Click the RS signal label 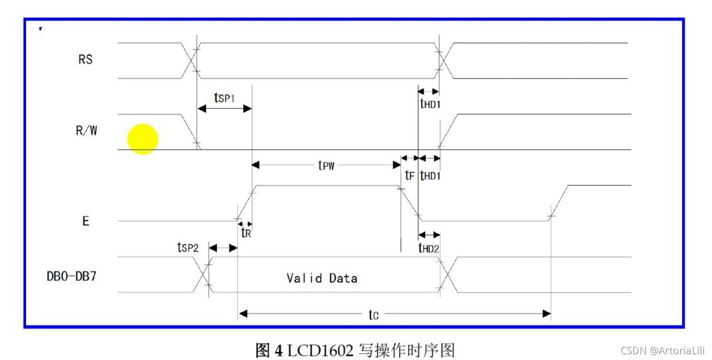[85, 60]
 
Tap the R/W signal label [86, 131]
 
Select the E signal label [85, 221]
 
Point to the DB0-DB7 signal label [71, 276]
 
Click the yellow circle [143, 139]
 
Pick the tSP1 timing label [224, 97]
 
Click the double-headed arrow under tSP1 [224, 108]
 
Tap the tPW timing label [326, 165]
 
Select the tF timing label [409, 176]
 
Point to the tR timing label [246, 233]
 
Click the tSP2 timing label [188, 248]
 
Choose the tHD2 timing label [429, 248]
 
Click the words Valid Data [322, 278]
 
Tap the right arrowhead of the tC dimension [547, 314]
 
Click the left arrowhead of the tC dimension [243, 314]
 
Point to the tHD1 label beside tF [430, 176]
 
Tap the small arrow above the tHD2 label [429, 235]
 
